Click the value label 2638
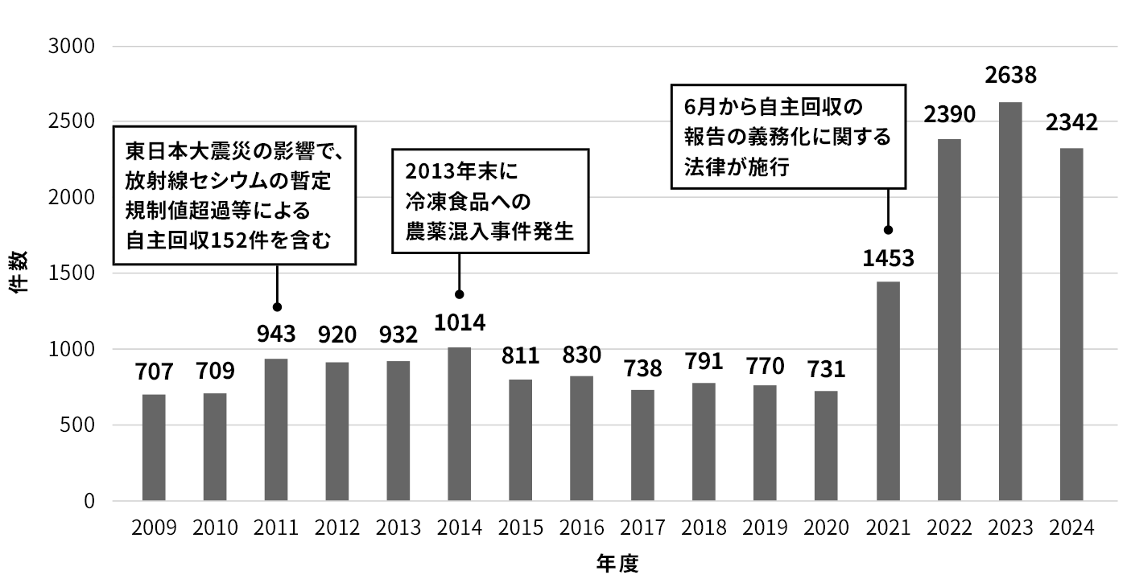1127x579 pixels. click(1010, 77)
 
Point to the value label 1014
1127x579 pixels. click(460, 322)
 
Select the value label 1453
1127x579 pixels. click(888, 259)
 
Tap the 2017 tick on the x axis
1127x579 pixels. click(643, 528)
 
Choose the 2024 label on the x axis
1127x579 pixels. click(1071, 528)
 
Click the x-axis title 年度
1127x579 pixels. click(617, 564)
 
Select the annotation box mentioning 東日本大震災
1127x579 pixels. click(233, 195)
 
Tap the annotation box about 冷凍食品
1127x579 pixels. click(489, 201)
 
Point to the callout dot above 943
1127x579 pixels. click(277, 307)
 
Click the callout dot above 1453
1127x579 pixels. click(888, 230)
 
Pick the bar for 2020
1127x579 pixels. click(827, 446)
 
